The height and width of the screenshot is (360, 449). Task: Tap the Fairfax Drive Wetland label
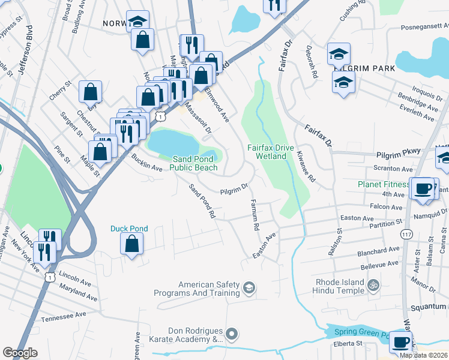(x=276, y=152)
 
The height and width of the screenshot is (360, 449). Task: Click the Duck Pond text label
(x=129, y=229)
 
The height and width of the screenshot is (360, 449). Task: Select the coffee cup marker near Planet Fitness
(x=422, y=188)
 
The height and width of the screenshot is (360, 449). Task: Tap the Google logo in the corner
(x=20, y=353)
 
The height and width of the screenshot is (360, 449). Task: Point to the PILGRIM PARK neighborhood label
(x=364, y=68)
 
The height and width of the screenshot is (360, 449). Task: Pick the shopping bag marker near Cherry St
(x=91, y=92)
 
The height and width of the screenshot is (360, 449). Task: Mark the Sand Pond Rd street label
(x=202, y=201)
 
